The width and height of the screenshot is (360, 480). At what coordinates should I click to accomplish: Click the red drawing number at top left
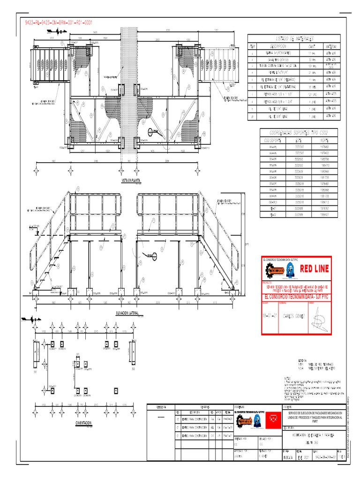pos(61,22)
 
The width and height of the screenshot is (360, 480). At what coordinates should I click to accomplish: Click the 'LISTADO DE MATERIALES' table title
pos(295,38)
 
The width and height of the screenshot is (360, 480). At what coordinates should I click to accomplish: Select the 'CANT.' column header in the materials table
pos(311,47)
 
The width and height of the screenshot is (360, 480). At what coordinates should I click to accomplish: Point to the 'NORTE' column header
pos(324,140)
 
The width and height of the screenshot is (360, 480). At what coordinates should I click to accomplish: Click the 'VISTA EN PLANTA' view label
pos(132,180)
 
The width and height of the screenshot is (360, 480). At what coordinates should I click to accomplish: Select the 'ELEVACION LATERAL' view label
pos(128,313)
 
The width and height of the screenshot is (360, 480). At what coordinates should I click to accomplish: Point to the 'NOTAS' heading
pos(288,377)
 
